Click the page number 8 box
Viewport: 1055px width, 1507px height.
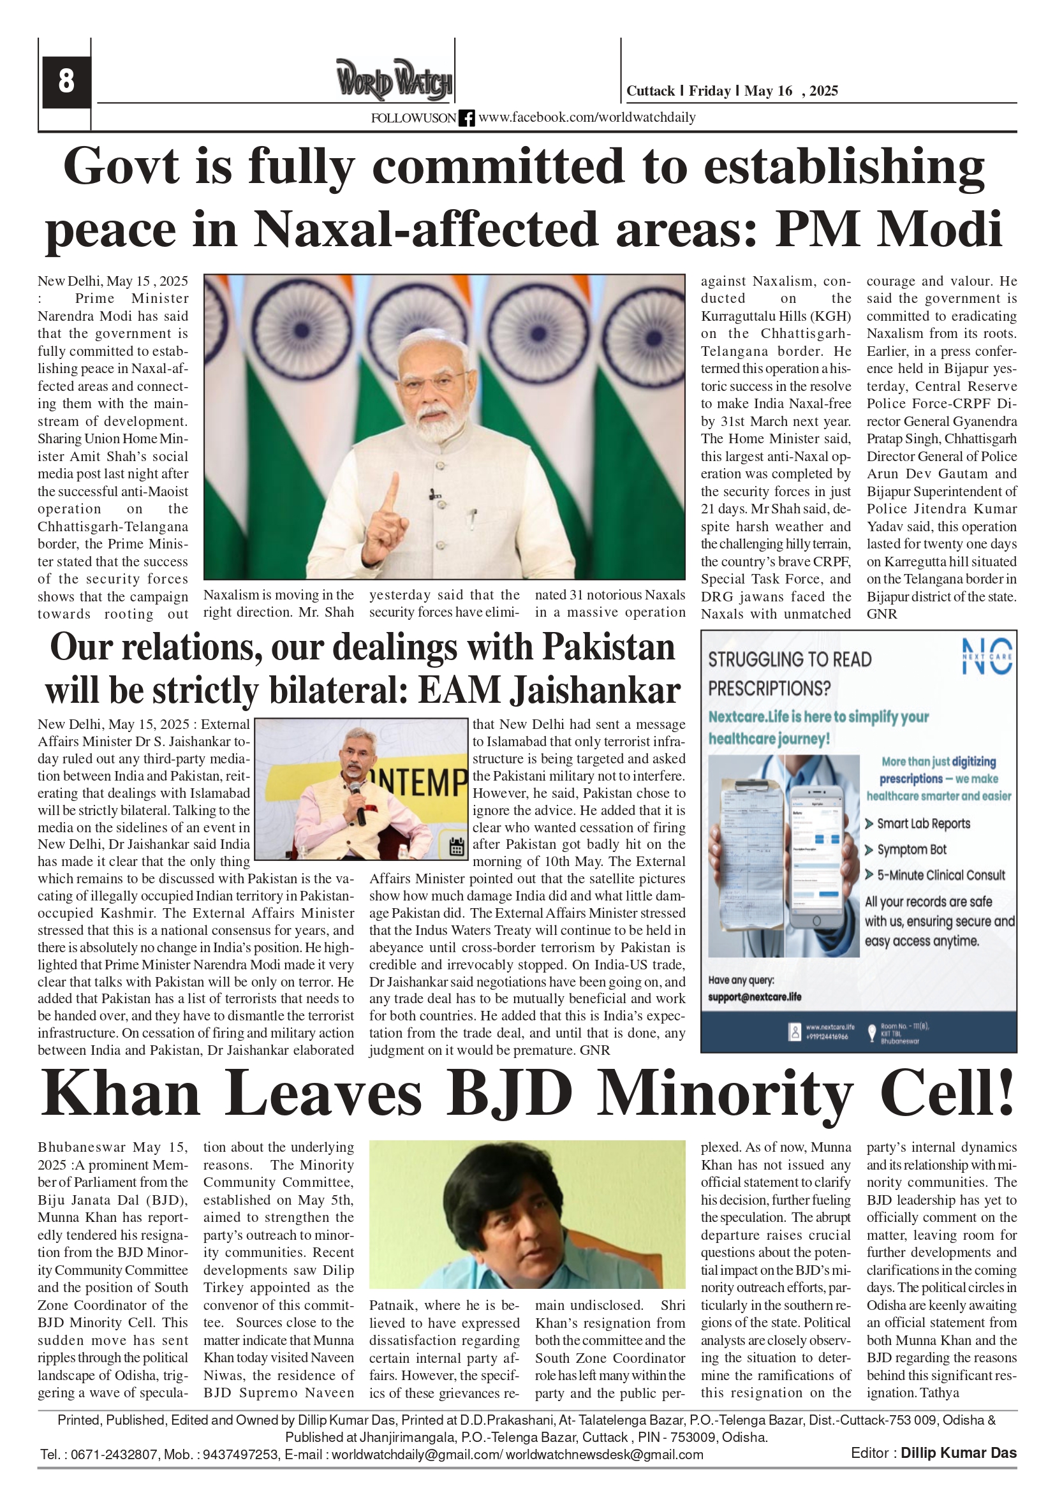(66, 82)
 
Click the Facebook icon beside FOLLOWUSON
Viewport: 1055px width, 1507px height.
(466, 118)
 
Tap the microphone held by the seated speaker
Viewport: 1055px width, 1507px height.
(358, 802)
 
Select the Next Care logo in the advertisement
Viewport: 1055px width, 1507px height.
(987, 656)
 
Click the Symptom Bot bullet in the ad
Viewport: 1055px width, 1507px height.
(911, 849)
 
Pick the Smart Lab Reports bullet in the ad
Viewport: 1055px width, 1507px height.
(923, 824)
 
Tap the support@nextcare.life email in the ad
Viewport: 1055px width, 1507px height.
(755, 997)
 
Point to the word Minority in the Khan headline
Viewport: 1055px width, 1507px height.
(725, 1095)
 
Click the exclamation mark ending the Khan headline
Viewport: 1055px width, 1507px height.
(1005, 1094)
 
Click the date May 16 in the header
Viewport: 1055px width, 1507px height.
(768, 91)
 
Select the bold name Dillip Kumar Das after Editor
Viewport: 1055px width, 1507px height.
(958, 1453)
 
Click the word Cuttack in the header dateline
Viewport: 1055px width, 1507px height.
(650, 91)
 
